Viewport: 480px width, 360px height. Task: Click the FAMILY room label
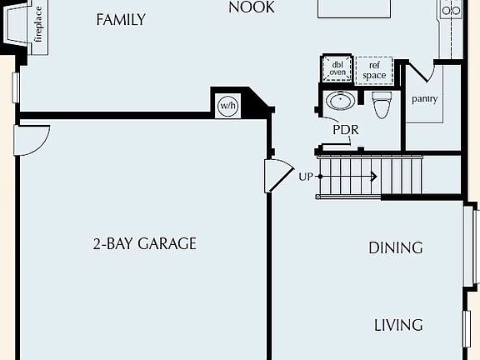coord(121,19)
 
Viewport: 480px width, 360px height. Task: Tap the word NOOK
coord(252,8)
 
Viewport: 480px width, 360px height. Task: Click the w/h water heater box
coord(227,106)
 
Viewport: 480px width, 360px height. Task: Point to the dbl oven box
coord(337,69)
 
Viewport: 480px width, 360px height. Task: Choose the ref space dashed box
coord(374,70)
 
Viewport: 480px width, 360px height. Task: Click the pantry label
coord(425,98)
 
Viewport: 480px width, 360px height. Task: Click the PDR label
coord(345,130)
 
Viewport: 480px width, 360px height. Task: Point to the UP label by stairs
coord(306,177)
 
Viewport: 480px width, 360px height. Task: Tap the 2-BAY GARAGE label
coord(145,243)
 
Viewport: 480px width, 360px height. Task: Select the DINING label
coord(396,247)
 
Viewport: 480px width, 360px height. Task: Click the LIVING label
coord(397,324)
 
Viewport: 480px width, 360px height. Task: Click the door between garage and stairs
coord(276,175)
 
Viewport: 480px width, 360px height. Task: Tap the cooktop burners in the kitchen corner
coord(450,10)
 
